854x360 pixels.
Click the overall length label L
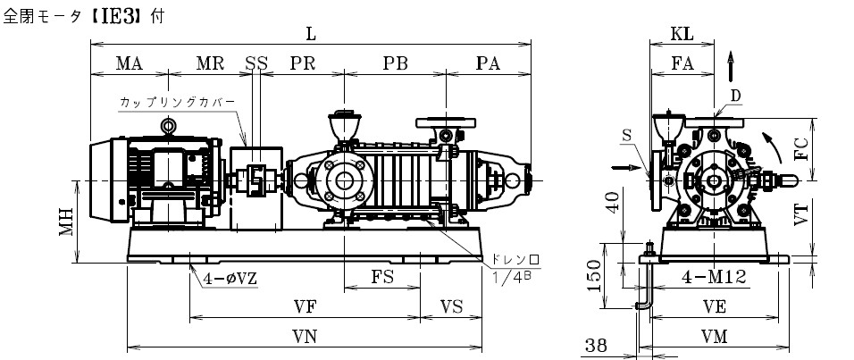point(311,34)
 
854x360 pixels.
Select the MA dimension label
point(129,63)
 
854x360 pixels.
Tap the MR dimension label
point(210,63)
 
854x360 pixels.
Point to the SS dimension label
point(256,63)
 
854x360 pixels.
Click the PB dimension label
point(395,63)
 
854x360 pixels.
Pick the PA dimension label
point(488,63)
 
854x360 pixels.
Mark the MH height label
point(66,222)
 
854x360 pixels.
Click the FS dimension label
point(382,277)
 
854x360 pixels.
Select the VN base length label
point(304,337)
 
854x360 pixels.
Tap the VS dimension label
point(451,307)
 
